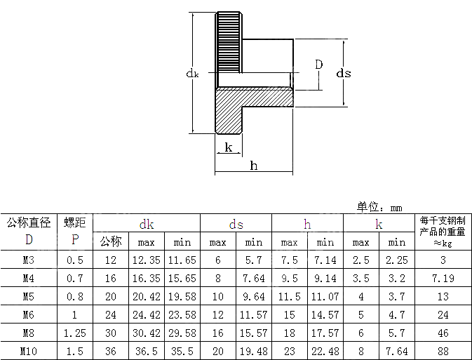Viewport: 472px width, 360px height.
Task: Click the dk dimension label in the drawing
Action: click(x=192, y=73)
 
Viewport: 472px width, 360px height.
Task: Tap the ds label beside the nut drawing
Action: click(x=343, y=73)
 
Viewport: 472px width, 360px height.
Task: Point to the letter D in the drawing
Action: click(x=319, y=65)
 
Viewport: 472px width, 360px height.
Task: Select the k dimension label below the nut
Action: click(x=228, y=147)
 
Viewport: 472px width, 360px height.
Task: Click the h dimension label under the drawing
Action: click(x=254, y=166)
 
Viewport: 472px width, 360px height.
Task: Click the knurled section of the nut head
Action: click(x=229, y=42)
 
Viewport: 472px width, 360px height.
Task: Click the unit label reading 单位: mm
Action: click(x=379, y=207)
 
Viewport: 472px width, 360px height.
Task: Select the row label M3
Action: click(x=29, y=260)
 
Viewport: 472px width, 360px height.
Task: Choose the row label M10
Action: click(x=29, y=350)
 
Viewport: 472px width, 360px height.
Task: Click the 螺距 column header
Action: click(x=74, y=223)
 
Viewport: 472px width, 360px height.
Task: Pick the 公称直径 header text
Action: click(x=29, y=223)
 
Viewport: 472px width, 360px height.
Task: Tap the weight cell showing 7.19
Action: click(x=443, y=279)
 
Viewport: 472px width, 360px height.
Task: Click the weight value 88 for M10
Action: click(x=443, y=350)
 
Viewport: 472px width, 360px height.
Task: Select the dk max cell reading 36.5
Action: click(x=147, y=350)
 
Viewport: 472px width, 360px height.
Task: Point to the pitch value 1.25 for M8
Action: click(x=74, y=333)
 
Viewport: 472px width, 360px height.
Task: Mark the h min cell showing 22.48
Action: click(x=325, y=350)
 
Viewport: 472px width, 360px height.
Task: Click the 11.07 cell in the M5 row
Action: click(x=325, y=297)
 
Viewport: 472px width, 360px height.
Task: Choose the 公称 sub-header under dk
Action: click(x=111, y=242)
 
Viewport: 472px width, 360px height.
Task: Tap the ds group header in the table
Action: click(x=236, y=225)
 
